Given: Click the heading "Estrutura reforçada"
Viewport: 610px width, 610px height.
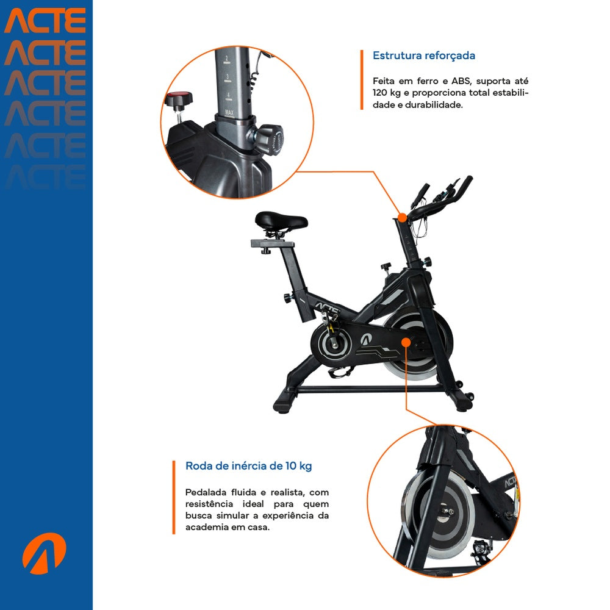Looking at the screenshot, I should (424, 56).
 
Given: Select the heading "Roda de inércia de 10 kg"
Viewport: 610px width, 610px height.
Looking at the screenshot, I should (248, 466).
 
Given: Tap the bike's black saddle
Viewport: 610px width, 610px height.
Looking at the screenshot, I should (281, 220).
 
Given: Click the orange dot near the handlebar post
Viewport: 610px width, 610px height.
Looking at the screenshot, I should (402, 217).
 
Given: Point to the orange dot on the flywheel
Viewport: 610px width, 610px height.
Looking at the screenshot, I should (406, 342).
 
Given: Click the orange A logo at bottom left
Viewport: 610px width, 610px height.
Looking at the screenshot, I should (43, 553).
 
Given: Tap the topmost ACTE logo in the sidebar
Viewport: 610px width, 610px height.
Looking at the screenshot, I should (45, 21).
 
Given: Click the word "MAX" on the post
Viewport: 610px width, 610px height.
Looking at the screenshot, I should (229, 112).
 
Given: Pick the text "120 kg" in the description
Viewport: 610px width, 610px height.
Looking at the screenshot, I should (386, 93).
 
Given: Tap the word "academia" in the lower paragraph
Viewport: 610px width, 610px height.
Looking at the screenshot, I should (206, 528).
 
